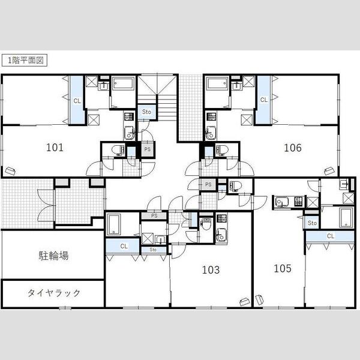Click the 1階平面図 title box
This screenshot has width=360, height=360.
[25, 61]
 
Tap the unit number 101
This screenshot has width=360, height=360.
[55, 148]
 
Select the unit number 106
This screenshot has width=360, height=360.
[293, 148]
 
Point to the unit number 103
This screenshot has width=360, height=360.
[211, 270]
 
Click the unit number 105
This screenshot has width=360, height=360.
[283, 268]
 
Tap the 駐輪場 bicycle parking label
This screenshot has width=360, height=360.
[53, 256]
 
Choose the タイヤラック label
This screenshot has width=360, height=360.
[54, 293]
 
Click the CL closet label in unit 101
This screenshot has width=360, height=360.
[77, 101]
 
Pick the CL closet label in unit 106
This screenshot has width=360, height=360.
[264, 100]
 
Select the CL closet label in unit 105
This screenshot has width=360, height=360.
[331, 236]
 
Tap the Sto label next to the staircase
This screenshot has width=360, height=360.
[146, 112]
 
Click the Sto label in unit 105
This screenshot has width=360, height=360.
[312, 223]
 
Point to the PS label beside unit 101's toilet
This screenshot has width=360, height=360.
[148, 149]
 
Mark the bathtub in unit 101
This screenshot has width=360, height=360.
[123, 84]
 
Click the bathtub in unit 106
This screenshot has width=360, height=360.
[217, 84]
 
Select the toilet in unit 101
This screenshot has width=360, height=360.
[118, 150]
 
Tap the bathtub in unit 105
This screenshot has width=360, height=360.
[346, 218]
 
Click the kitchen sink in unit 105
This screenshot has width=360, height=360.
[281, 202]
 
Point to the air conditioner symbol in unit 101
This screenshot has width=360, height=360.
[10, 171]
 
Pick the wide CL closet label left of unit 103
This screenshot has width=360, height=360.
[124, 247]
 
